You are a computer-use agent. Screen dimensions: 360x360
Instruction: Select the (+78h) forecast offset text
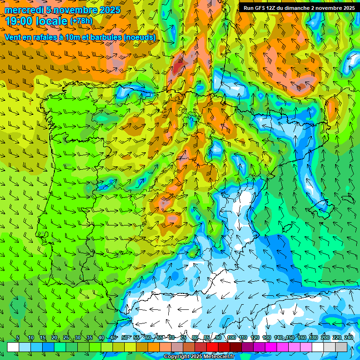pos(81,21)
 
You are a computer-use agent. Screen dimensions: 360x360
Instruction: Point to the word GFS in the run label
pos(262,8)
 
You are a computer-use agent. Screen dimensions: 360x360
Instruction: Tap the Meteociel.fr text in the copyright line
pos(218,357)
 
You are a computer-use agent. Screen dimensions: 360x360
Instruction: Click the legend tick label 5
pos(17,338)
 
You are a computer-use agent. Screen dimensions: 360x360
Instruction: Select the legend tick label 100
pos(231,338)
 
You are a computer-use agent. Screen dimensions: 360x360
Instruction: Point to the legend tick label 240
pos(348,338)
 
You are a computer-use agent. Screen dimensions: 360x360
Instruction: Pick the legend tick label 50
pos(125,338)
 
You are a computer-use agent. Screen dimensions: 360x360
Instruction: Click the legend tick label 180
pos(313,338)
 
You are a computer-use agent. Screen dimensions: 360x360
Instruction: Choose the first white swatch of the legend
pos(13,347)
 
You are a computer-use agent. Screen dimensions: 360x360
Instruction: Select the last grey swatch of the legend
pos(341,347)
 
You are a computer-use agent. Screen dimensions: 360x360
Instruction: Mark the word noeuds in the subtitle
pos(140,37)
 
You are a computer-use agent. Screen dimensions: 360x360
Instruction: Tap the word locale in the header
pos(50,21)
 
